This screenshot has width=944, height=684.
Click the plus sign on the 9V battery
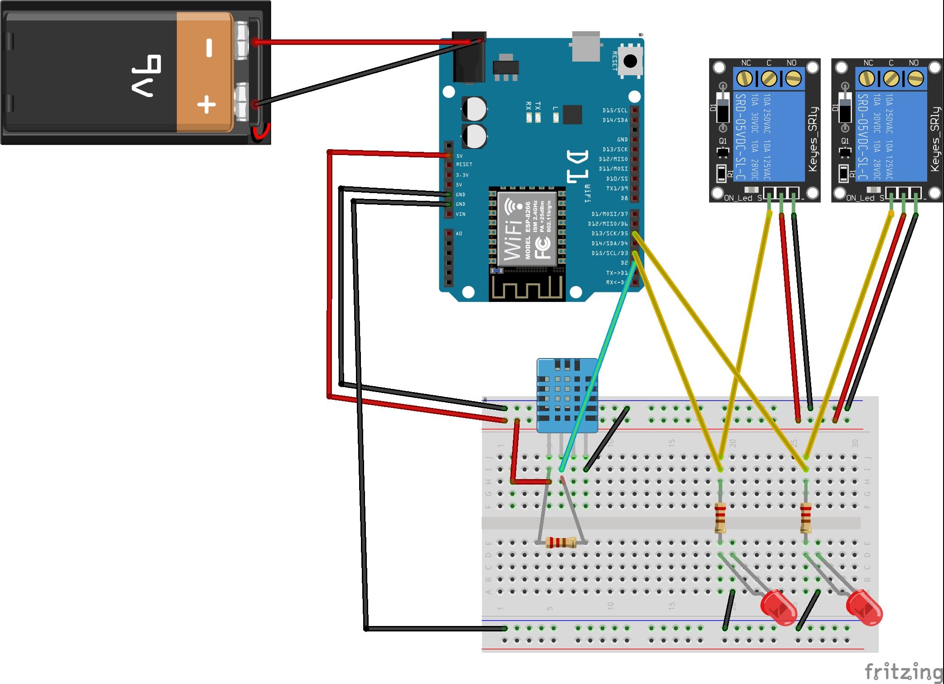tap(206, 105)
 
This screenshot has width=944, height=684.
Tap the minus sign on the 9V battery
tap(209, 48)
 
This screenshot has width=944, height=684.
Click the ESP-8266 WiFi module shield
tap(527, 228)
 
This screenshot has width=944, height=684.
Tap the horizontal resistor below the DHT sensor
tap(561, 542)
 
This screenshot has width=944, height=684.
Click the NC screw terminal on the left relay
tap(744, 78)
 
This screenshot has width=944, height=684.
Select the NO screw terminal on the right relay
tap(915, 78)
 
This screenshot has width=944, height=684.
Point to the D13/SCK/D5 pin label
tap(609, 233)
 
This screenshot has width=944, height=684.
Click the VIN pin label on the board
tap(461, 214)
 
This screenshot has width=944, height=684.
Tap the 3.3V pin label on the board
tap(462, 175)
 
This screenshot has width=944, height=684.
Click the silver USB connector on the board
tap(586, 46)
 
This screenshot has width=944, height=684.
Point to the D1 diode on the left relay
tap(723, 107)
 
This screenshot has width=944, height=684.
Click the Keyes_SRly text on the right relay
tap(935, 139)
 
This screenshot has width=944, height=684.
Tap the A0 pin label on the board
tap(459, 233)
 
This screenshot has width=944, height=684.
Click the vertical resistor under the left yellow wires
tap(720, 517)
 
